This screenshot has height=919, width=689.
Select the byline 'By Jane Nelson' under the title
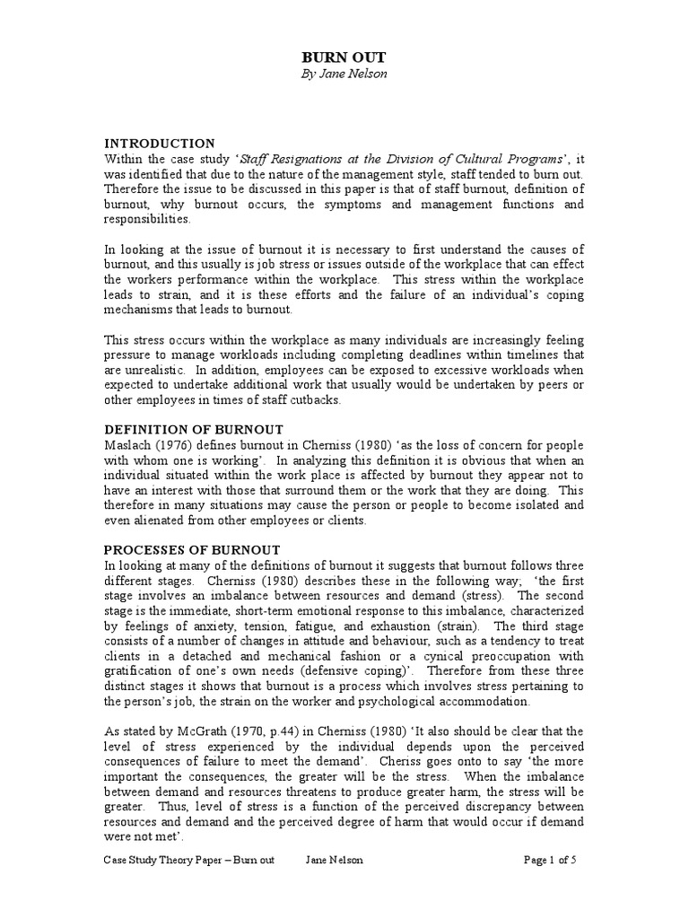[x=344, y=74]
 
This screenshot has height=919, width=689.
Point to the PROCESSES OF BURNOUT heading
[x=193, y=549]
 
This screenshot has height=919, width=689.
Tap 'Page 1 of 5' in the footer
[x=549, y=884]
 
